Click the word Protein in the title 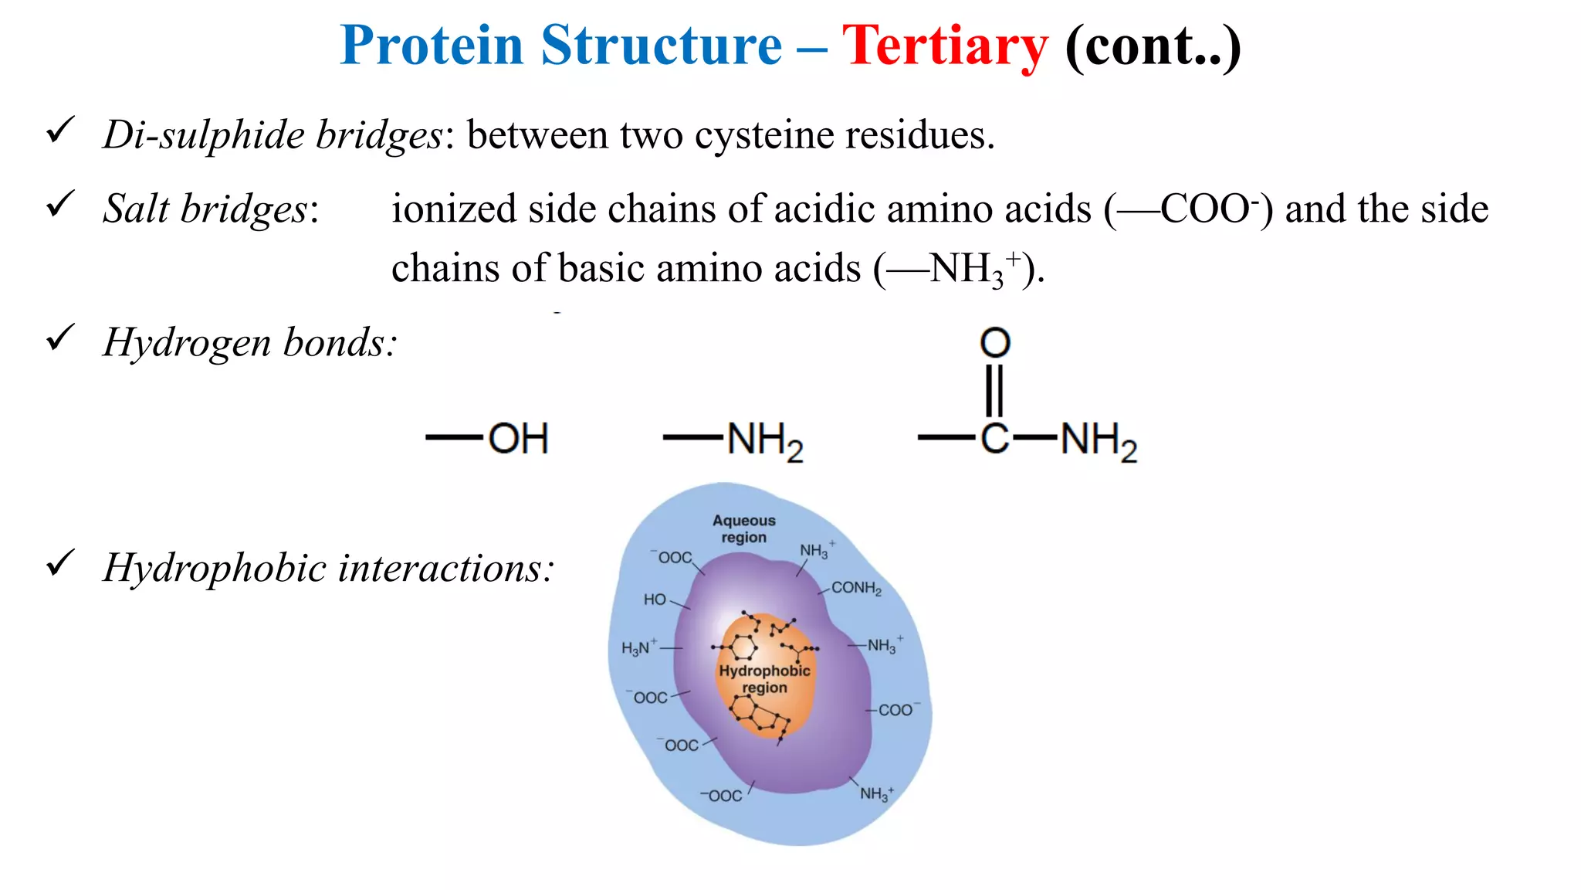[x=432, y=45]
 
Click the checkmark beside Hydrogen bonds [x=60, y=338]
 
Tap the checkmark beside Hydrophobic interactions [x=60, y=563]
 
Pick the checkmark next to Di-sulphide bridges [x=60, y=130]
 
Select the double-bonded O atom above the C [x=995, y=342]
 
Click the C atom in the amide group [x=995, y=438]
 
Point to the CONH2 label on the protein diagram [x=856, y=588]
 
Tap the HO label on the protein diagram [x=655, y=600]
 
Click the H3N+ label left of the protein [x=639, y=647]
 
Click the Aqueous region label [x=743, y=529]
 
